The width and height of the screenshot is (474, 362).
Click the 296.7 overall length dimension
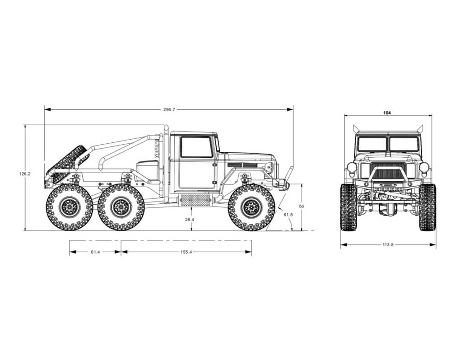pos(169,109)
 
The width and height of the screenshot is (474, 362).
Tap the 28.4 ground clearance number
pos(190,219)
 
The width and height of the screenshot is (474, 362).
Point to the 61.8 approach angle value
pos(288,214)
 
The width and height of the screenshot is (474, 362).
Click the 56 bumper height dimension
pos(302,206)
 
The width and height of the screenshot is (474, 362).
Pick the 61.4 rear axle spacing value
pos(95,252)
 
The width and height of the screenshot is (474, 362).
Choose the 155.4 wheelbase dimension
pos(186,252)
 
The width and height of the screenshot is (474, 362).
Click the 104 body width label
pos(387,113)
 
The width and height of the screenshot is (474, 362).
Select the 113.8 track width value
pos(388,245)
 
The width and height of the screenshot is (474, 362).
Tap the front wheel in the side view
pos(251,207)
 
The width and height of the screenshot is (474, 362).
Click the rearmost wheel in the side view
pos(69,207)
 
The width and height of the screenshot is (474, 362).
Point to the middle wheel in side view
pos(121,207)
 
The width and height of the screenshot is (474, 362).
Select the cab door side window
pos(196,147)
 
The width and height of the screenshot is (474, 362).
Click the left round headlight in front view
pos(352,167)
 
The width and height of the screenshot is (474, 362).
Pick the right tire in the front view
pos(427,207)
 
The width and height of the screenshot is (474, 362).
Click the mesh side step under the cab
pos(195,200)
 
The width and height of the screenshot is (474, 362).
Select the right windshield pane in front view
pos(404,144)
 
